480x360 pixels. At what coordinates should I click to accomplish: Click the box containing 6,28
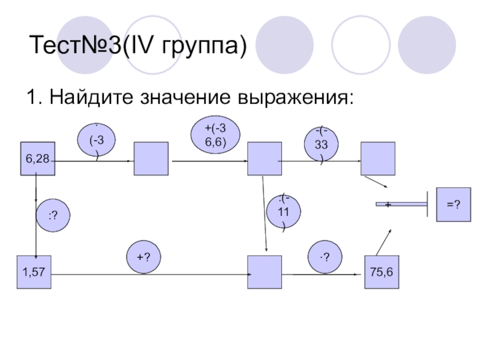pos(37,158)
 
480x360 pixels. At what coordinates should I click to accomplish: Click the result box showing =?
pos(453,205)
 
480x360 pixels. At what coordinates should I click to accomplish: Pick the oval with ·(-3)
pos(95,141)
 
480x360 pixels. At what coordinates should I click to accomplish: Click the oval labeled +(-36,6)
pos(216,135)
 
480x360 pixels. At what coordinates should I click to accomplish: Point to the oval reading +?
pos(143,257)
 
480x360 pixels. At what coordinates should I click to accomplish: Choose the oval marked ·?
pos(325,257)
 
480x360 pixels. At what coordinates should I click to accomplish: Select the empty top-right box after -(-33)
pos(378,158)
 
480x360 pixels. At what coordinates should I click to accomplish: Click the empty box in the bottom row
pos(265,272)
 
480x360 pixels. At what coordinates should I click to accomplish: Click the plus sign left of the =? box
pos(388,205)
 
